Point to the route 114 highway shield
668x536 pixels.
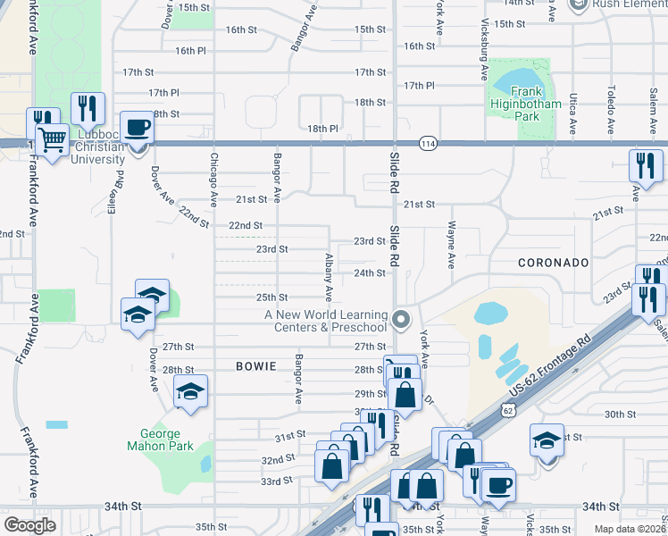[x=426, y=143]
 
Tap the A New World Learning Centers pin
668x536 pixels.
[x=402, y=318]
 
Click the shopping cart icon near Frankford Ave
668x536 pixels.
[x=54, y=139]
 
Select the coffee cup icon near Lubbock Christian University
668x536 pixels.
[x=137, y=127]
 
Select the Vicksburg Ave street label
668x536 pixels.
[x=484, y=41]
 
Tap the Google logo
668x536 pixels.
[x=29, y=524]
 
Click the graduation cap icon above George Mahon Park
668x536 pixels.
[x=190, y=390]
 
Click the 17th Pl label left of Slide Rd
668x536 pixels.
[x=164, y=92]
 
